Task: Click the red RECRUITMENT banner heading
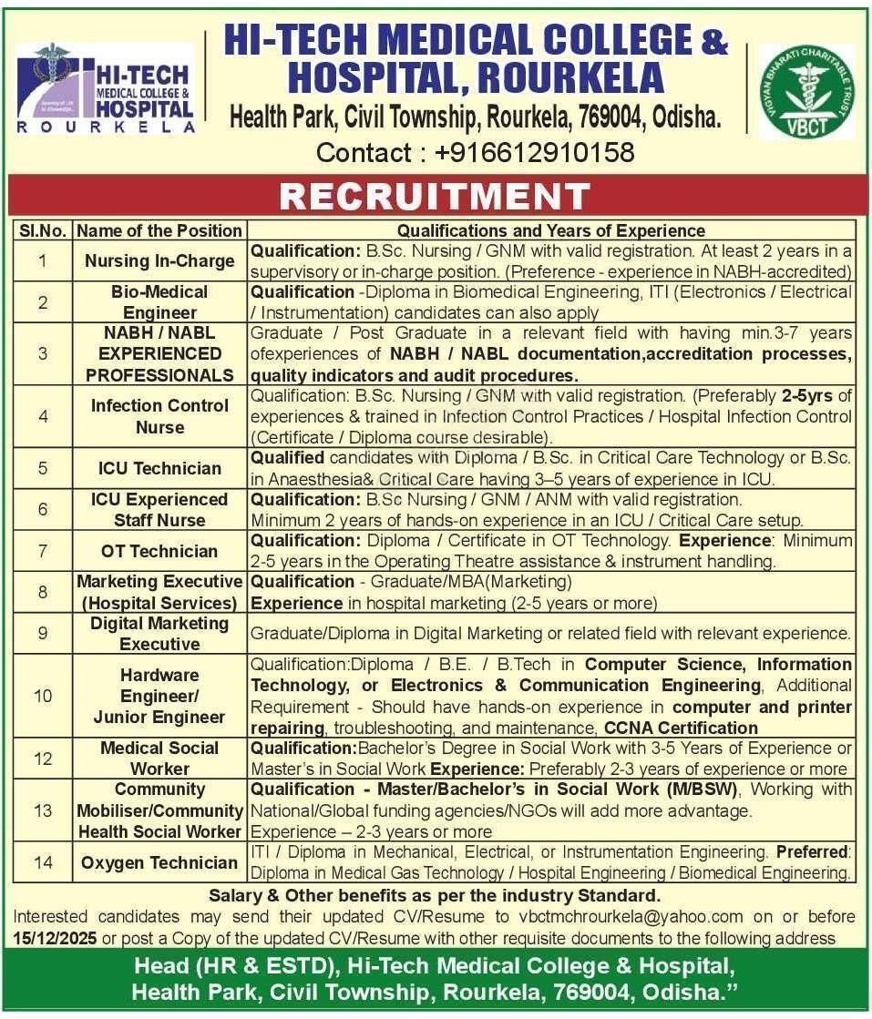(436, 196)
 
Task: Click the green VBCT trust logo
(805, 91)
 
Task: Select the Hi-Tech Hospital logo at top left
(106, 89)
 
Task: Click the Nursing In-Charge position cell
(159, 260)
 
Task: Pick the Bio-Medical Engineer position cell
(159, 302)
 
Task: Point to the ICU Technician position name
(159, 468)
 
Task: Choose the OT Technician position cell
(159, 551)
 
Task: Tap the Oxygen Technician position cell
(159, 862)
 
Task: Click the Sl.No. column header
(43, 231)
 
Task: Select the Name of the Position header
(159, 231)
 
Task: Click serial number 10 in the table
(43, 696)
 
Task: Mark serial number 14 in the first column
(43, 862)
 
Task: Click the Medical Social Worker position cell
(159, 758)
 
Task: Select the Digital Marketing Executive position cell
(159, 633)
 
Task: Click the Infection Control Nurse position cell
(159, 416)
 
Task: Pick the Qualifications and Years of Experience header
(551, 231)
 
